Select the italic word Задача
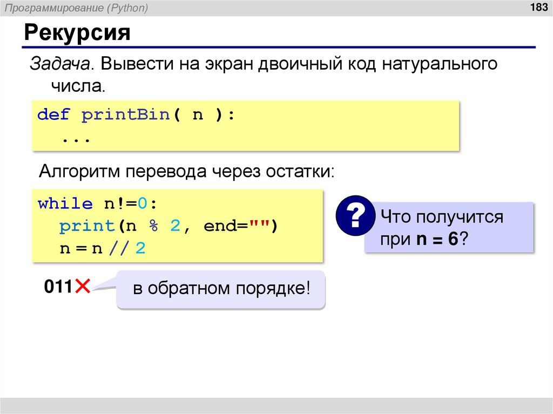pos(59,65)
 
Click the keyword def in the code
pos(53,115)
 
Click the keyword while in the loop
pos(65,204)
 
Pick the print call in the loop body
pos(86,226)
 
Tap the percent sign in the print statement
pos(153,226)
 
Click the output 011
pos(58,287)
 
